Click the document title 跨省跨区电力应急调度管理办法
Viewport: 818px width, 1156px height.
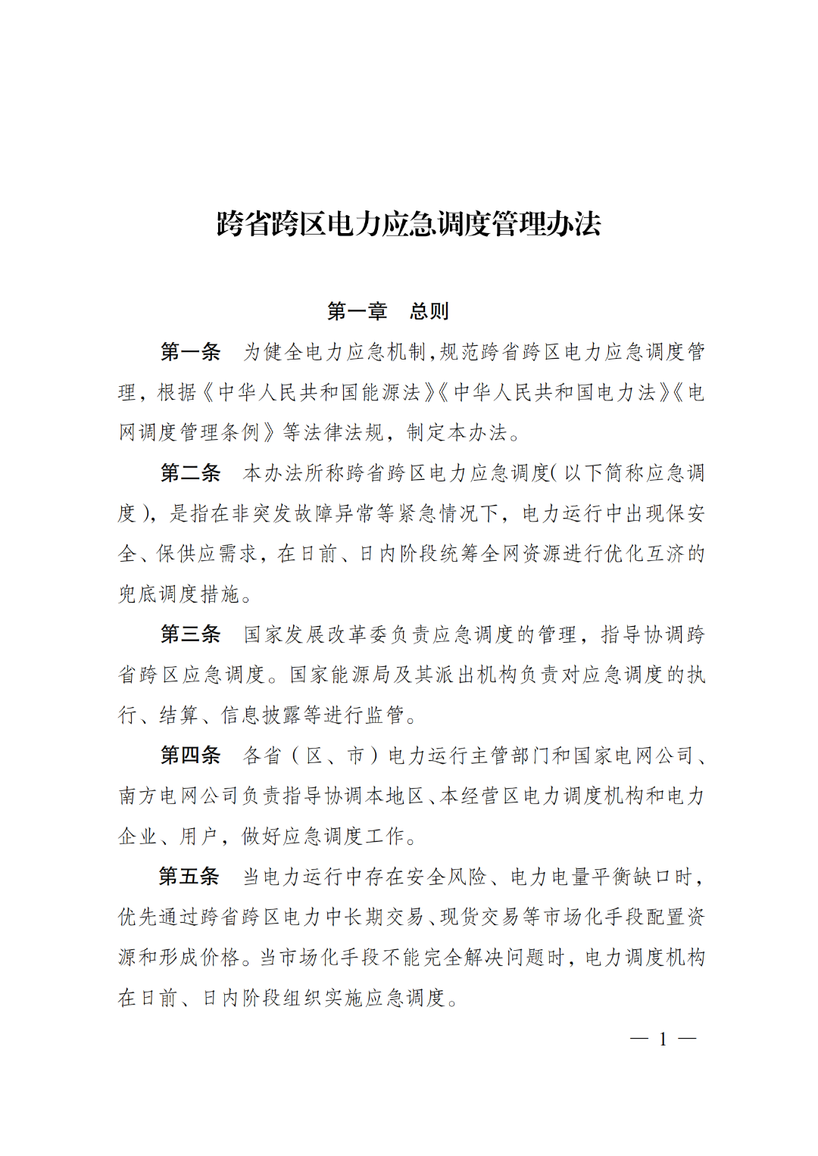[x=408, y=224]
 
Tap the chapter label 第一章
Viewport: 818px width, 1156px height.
[x=357, y=311]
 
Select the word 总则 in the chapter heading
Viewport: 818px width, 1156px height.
[x=429, y=311]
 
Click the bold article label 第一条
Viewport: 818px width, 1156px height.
[x=190, y=352]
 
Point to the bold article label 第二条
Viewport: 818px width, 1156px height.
[x=190, y=473]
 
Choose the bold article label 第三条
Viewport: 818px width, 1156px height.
[x=190, y=634]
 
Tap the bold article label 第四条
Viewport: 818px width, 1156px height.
[x=190, y=756]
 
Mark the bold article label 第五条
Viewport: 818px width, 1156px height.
[x=189, y=877]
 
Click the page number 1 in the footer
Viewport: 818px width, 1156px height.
[x=663, y=1039]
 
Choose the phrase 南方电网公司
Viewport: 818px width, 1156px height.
[x=179, y=796]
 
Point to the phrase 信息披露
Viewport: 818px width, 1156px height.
[x=261, y=715]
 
